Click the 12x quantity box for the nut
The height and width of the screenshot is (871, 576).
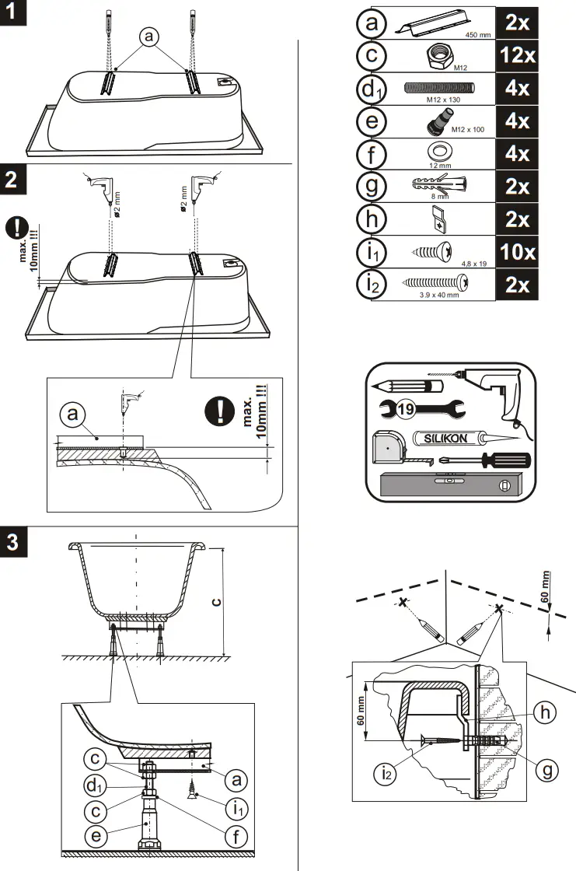coord(517,56)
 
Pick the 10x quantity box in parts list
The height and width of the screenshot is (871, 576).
coord(517,252)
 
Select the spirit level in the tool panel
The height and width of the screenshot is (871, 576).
coord(448,486)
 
